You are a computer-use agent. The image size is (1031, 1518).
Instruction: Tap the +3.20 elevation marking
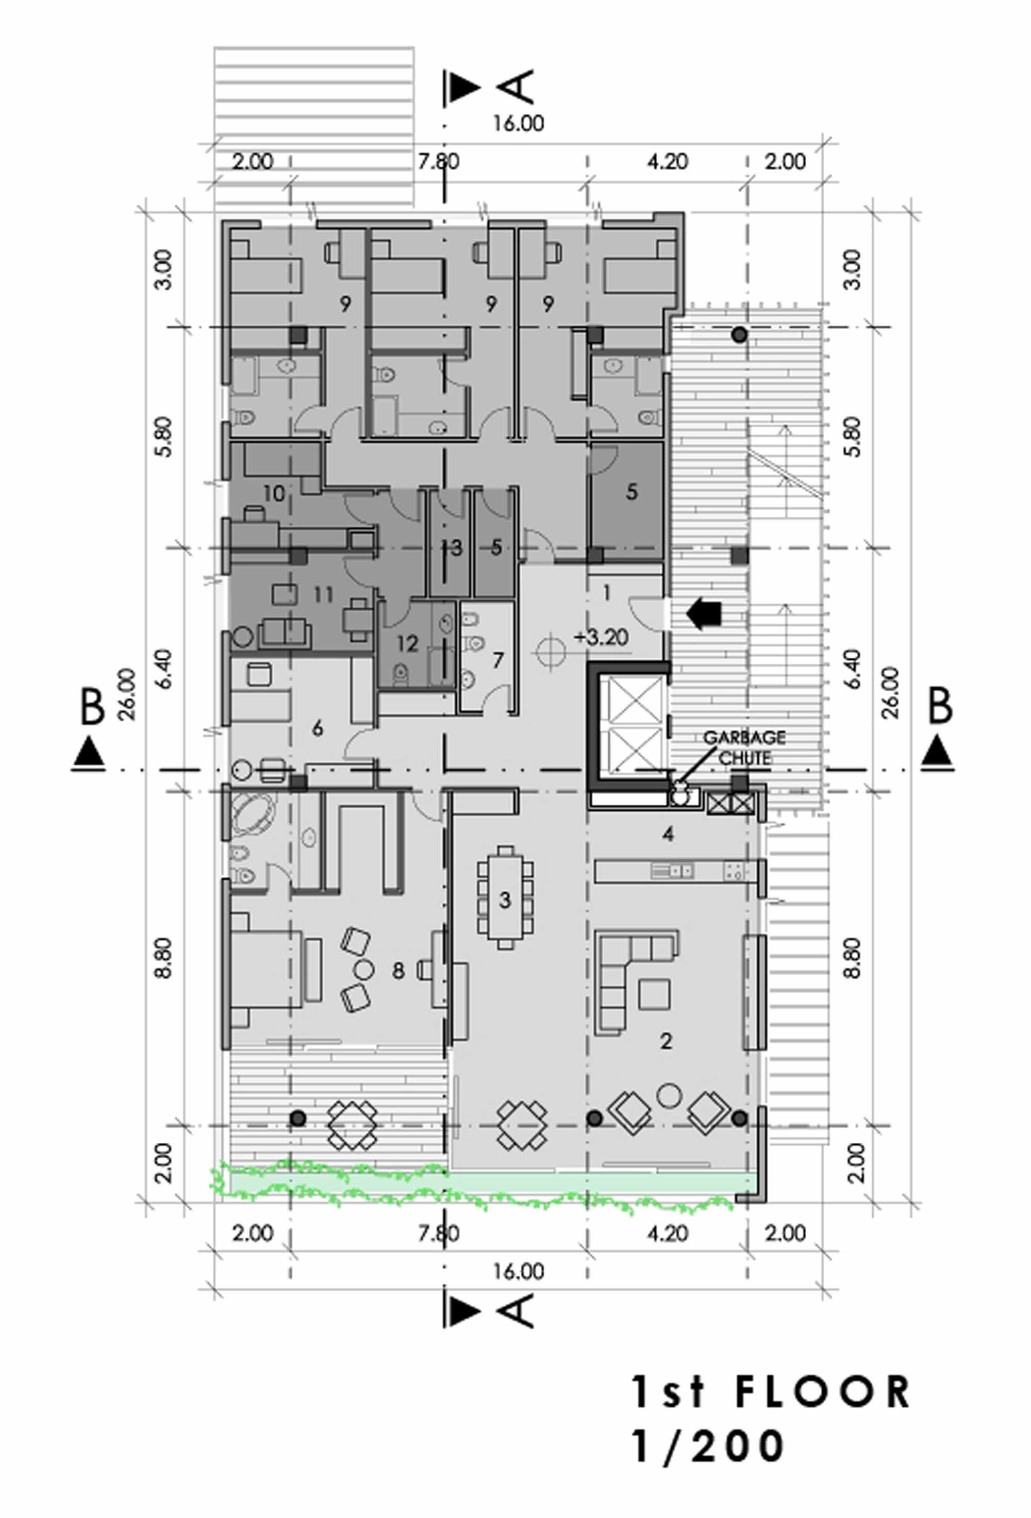coord(602,637)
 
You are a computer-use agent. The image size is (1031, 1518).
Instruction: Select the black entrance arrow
coord(703,614)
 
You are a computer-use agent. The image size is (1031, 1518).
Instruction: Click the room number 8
coord(398,971)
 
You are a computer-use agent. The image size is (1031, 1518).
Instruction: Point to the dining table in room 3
coord(505,897)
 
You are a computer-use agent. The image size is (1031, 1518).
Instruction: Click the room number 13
coord(452,547)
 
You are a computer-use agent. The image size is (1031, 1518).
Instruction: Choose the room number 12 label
coord(407,643)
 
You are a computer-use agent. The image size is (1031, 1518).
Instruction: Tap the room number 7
coord(498,660)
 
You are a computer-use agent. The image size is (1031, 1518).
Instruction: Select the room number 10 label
coord(274,493)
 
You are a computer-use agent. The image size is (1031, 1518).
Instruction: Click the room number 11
coord(323,594)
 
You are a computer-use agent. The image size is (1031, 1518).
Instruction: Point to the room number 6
coord(318,728)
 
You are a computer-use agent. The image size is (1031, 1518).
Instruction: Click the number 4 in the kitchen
coord(668,833)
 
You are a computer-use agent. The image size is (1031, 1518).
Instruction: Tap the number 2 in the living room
coord(666,1041)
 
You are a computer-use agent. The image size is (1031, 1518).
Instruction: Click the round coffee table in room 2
coord(669,1094)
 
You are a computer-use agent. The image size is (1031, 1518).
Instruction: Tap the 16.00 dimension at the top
coord(518,123)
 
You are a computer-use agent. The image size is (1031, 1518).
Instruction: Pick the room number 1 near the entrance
coord(607,593)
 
